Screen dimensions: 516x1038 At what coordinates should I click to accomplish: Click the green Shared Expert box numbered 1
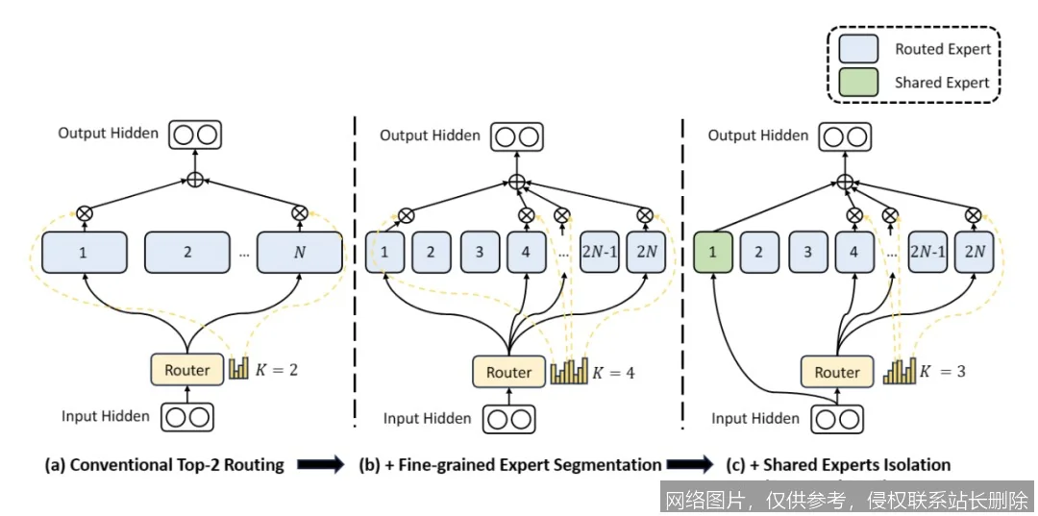712,253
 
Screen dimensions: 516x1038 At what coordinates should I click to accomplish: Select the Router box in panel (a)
186,369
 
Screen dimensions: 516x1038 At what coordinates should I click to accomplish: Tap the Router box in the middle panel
508,372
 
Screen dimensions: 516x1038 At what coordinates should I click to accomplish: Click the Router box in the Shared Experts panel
836,372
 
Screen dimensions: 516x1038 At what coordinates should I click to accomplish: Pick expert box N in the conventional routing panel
300,253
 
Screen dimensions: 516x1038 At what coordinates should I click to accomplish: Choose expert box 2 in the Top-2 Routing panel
186,253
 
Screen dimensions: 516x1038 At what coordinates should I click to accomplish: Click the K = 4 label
613,372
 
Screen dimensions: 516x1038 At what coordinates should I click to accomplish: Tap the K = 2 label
277,369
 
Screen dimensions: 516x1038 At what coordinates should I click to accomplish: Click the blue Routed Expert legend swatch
858,49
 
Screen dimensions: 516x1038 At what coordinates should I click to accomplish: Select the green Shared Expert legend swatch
858,83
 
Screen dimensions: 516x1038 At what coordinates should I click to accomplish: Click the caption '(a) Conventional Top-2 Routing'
164,465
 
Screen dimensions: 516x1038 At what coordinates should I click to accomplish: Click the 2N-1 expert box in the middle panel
600,253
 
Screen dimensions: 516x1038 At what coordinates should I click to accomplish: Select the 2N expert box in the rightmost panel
975,253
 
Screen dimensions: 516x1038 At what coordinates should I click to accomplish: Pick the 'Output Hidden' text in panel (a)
108,134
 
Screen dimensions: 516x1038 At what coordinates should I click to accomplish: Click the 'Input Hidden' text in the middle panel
428,418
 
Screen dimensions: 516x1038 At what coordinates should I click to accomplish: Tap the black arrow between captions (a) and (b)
320,466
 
